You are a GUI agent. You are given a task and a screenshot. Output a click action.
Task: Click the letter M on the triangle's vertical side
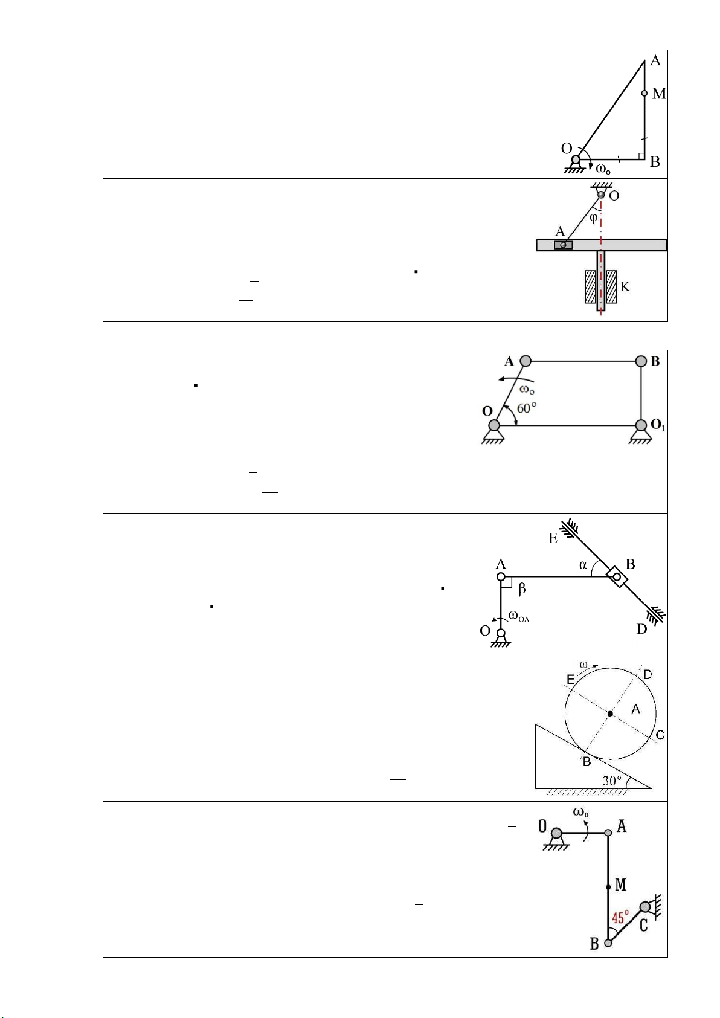[658, 94]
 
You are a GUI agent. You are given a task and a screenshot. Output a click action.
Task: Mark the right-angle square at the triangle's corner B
[641, 157]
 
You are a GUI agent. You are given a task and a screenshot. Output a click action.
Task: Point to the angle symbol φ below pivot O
[593, 218]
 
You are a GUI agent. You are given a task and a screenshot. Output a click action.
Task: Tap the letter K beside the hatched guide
[625, 287]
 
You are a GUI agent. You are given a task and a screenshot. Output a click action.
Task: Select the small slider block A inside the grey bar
[563, 245]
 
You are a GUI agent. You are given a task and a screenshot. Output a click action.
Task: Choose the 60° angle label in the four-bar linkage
[527, 408]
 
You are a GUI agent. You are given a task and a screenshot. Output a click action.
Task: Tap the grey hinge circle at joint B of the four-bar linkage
[641, 361]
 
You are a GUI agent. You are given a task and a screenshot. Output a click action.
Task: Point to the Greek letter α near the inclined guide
[583, 565]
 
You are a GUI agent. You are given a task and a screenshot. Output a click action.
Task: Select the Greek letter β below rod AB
[522, 590]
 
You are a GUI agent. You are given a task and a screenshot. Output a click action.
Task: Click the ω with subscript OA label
[519, 616]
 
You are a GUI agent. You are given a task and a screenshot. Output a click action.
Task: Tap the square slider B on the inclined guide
[617, 577]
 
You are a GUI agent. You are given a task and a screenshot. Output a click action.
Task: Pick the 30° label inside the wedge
[612, 781]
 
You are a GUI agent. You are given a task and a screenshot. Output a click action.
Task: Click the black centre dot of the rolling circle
[610, 714]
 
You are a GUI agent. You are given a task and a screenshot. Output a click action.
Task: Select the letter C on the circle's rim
[660, 735]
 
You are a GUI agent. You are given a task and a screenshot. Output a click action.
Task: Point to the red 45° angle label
[620, 918]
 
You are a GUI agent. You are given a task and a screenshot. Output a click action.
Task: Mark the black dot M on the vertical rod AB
[608, 887]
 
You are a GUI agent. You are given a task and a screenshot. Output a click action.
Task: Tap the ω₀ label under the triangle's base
[603, 170]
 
